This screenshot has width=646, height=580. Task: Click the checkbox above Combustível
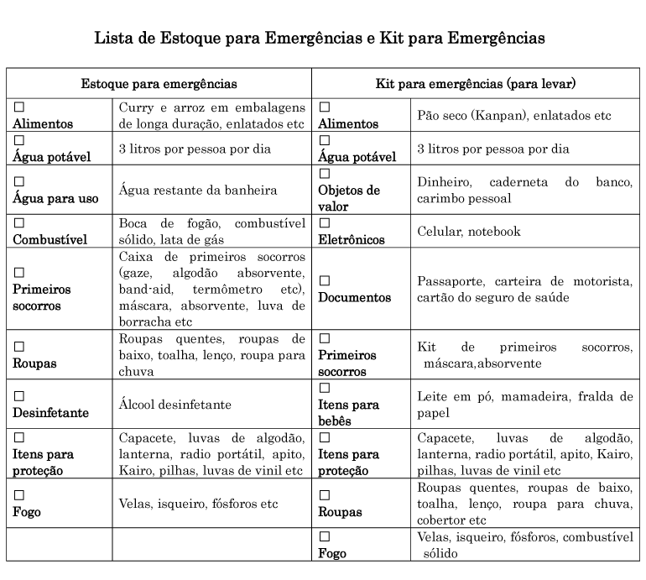tap(18, 223)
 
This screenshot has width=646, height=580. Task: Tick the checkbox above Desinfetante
tap(18, 395)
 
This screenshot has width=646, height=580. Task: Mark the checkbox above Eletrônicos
tap(325, 223)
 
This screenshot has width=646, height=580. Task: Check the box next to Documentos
tap(325, 280)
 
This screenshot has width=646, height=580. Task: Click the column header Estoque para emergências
tap(159, 84)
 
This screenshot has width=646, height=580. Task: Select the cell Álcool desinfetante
tap(175, 404)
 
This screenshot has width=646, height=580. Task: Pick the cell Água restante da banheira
tap(198, 191)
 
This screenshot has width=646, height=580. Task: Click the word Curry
tap(137, 107)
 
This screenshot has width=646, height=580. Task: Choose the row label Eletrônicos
tap(352, 239)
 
